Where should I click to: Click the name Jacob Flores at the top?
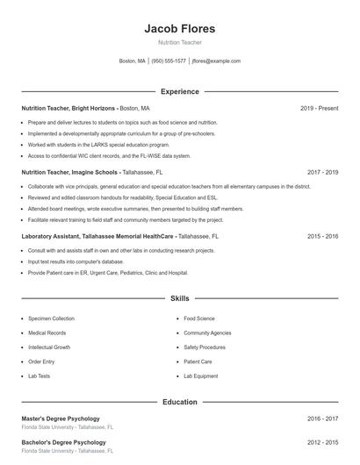coord(179,28)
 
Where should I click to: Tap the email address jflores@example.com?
coord(216,61)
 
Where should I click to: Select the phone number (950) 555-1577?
coord(169,61)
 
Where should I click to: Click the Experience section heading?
coord(179,91)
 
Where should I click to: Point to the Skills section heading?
coord(179,298)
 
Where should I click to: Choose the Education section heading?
coord(179,402)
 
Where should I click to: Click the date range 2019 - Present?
coord(319,108)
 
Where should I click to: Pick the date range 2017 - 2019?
coord(322,173)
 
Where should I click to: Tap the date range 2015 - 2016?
coord(322,236)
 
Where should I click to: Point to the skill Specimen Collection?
coord(51,318)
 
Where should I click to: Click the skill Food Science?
coord(199,318)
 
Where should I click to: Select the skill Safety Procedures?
coord(205,347)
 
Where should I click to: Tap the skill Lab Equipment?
coord(200,376)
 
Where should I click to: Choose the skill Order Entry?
coord(41,361)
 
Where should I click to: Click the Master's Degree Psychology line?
coord(61,418)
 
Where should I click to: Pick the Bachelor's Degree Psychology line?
coord(63,442)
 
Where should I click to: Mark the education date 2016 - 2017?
coord(322,419)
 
